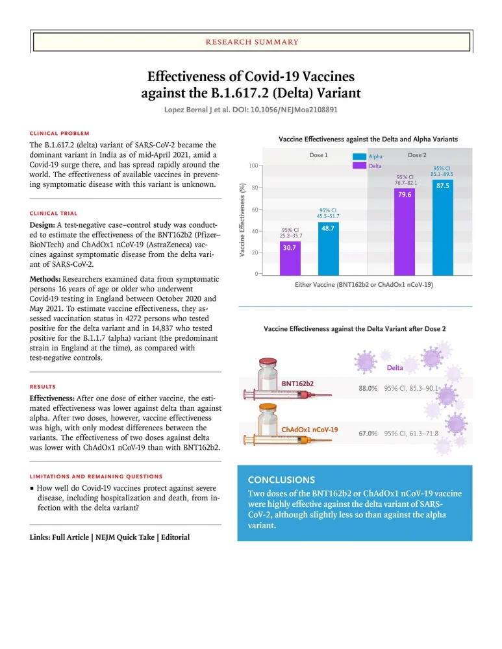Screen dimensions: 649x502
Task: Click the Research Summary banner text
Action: coord(251,42)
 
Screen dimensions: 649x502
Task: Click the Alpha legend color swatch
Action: coord(359,156)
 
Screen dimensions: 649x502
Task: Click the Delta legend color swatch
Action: coord(359,166)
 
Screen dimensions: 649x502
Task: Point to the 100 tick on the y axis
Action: coord(252,166)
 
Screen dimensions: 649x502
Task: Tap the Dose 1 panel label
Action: coord(318,155)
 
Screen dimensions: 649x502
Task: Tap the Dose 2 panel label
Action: coord(417,155)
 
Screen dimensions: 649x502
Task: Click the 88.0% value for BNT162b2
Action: coord(368,388)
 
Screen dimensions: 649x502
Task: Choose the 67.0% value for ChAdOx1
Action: coord(368,433)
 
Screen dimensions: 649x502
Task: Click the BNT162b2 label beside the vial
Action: coord(297,384)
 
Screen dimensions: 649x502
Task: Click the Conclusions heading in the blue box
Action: coord(281,480)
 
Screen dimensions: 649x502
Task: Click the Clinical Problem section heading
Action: coord(60,133)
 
